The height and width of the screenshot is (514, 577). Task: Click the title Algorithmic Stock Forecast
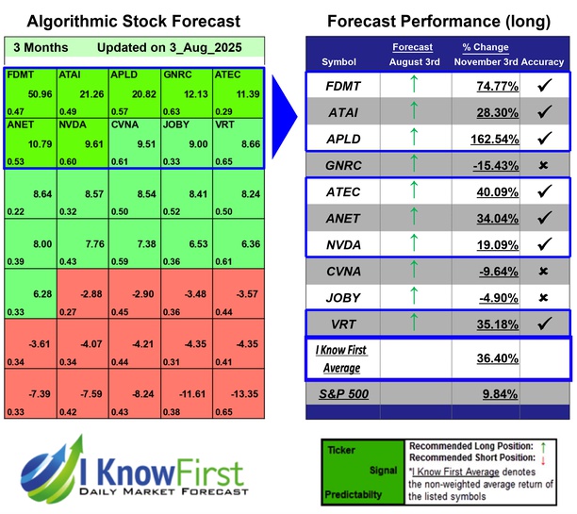(x=133, y=21)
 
